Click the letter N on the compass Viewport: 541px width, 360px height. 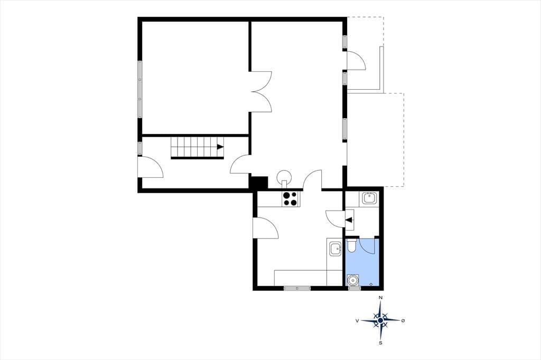pos(380,297)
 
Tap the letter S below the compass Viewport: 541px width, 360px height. pos(380,343)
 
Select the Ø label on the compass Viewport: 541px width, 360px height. pos(403,321)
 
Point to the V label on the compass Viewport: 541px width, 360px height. pos(357,321)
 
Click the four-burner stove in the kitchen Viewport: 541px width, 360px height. pos(290,198)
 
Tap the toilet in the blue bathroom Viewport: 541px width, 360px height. pos(351,246)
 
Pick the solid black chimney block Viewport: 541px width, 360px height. pos(259,183)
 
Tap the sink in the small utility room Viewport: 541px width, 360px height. pos(369,198)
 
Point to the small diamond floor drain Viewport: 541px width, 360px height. pos(371,284)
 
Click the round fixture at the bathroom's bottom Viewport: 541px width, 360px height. pos(352,280)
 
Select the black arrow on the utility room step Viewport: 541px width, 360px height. pos(349,220)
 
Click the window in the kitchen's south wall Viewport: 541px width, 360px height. pos(297,288)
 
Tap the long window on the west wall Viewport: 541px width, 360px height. pos(139,89)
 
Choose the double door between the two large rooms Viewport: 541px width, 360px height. pos(262,91)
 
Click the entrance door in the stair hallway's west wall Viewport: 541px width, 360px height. pos(151,167)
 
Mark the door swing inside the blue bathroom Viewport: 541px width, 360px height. pos(367,246)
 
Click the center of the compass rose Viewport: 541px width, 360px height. pos(380,321)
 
